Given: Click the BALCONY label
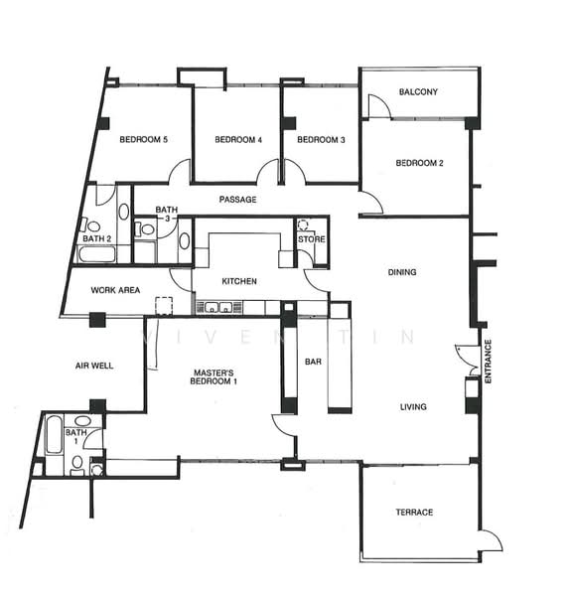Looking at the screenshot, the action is (418, 91).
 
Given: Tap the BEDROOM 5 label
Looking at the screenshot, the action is (143, 139).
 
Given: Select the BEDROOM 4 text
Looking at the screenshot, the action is (238, 139).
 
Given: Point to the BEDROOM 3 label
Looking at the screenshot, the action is (321, 139).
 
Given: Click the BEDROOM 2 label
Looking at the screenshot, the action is (419, 163).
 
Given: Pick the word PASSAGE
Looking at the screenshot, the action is (237, 200).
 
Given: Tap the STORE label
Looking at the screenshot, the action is (311, 239).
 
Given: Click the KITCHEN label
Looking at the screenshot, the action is (239, 281).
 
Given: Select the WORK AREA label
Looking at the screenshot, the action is (115, 290).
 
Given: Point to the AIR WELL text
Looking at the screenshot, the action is (94, 366).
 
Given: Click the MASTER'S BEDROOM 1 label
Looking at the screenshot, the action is (213, 377).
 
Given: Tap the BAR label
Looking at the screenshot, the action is (313, 362).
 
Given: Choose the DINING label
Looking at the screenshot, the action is (402, 272).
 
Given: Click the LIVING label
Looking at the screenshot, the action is (413, 406).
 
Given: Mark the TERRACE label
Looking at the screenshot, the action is (414, 512).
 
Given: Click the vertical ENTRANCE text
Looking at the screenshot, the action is (488, 362).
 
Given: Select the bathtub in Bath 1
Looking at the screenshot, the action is (54, 434).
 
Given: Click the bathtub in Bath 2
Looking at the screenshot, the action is (96, 254).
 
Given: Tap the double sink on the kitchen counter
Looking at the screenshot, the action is (218, 307).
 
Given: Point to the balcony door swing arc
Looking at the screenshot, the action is (382, 100).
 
